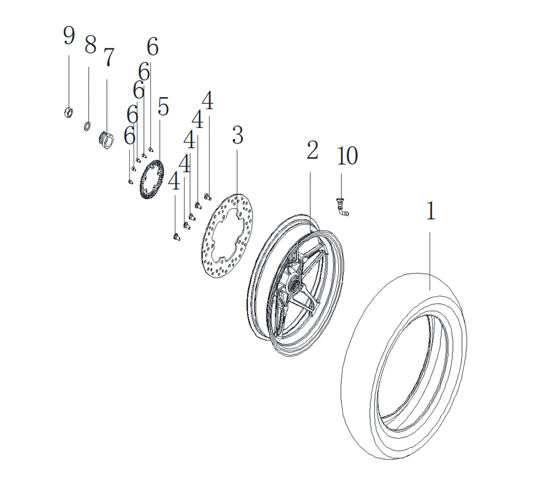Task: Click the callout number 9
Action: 69,35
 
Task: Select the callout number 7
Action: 109,57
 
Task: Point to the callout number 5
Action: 163,107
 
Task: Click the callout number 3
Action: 238,135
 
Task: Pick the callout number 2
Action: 312,150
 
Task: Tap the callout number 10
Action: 348,155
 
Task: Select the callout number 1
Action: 431,210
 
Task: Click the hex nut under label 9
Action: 68,113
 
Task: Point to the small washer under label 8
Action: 87,126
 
